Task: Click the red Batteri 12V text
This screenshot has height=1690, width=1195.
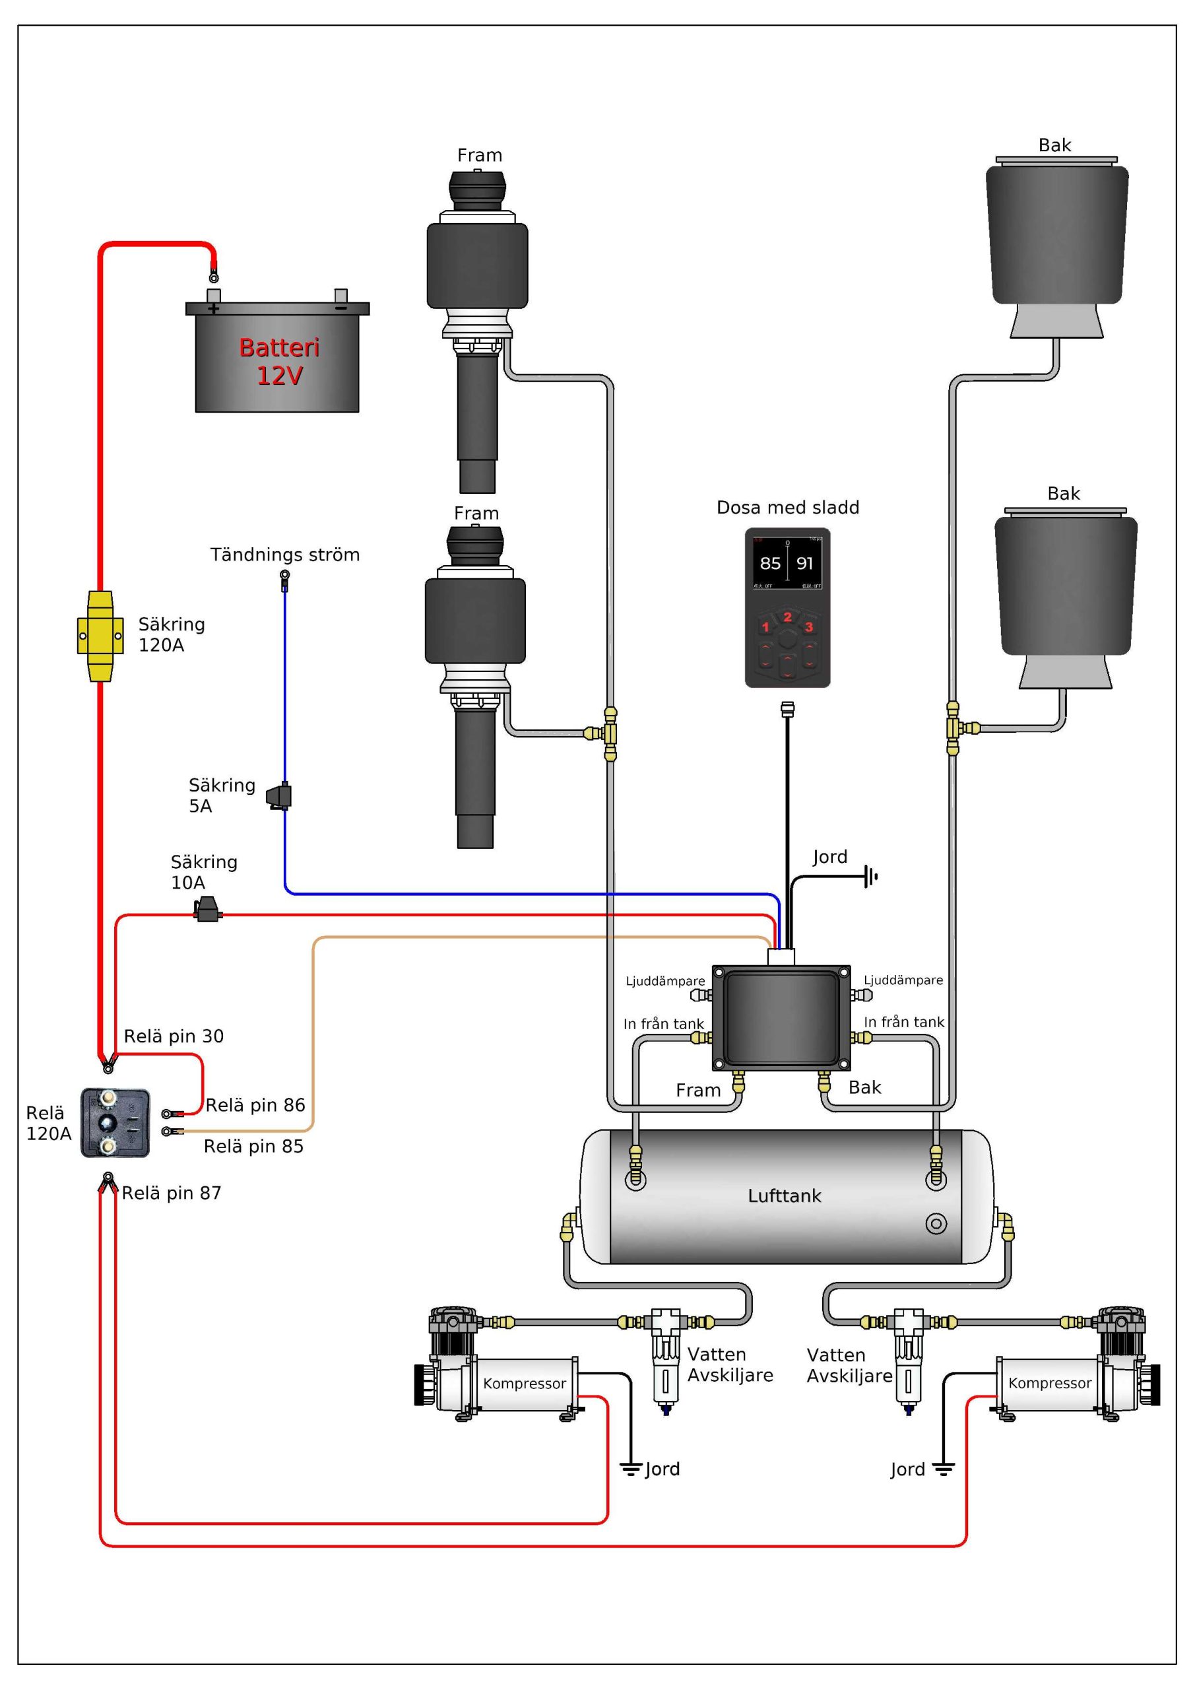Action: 279,361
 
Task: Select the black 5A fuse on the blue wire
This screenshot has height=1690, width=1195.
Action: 280,796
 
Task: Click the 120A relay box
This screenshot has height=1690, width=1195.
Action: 115,1122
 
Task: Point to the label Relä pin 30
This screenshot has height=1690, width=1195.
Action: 174,1036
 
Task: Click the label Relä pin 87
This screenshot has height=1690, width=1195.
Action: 172,1193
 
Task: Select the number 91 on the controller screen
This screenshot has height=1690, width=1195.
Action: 805,564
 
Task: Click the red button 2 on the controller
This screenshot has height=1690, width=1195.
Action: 787,617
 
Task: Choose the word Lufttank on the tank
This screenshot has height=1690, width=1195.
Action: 785,1196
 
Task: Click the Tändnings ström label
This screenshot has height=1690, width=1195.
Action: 285,555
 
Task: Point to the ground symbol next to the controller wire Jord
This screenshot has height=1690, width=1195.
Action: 871,877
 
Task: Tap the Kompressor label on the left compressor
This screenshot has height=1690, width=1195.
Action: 525,1384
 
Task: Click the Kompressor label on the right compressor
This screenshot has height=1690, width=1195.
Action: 1049,1383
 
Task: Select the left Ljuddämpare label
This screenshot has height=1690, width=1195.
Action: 665,981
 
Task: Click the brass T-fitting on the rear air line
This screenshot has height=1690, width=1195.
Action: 955,729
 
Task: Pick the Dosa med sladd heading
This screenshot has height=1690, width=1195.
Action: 788,508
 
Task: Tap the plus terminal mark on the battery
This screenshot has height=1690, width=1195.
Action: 213,309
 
